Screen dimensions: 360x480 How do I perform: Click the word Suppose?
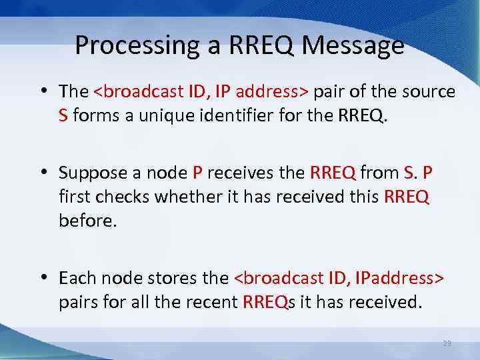coord(90,174)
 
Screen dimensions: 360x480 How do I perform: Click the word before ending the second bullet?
coord(87,221)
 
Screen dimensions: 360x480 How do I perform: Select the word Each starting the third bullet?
coord(75,278)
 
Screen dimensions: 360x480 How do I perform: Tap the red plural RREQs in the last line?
coord(268,302)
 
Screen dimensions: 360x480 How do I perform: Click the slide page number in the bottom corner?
coord(447,343)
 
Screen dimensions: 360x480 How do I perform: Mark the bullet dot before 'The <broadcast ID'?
coord(43,92)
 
